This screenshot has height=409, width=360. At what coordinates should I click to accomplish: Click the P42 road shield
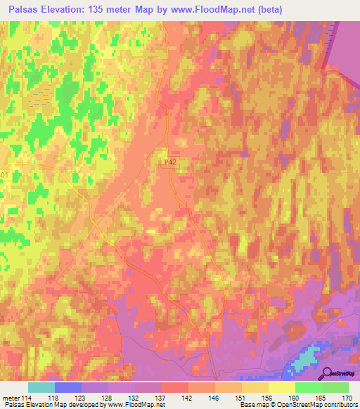click(x=167, y=162)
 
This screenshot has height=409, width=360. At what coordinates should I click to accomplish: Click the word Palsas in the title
click(x=19, y=9)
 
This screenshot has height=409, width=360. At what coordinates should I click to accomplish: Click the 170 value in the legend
click(x=347, y=397)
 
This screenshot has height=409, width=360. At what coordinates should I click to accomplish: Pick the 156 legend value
click(x=266, y=397)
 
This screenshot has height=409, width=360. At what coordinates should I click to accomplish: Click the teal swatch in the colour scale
click(x=41, y=387)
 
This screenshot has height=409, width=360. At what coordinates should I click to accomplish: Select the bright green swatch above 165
click(x=309, y=387)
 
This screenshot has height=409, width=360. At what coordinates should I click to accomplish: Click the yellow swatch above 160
click(x=282, y=387)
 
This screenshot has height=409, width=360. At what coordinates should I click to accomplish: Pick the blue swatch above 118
click(x=68, y=387)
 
